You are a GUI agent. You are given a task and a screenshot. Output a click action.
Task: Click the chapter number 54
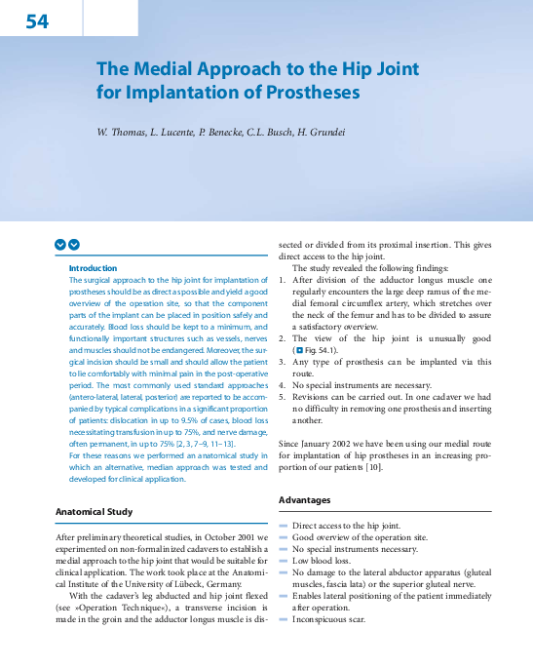37,20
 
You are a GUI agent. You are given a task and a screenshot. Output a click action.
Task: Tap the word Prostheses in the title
311,94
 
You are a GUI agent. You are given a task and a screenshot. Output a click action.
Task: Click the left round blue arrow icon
60,245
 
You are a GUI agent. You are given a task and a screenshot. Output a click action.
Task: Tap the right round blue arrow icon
74,245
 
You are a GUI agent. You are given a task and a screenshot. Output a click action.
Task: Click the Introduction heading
93,268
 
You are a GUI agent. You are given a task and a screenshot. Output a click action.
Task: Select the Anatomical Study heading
94,511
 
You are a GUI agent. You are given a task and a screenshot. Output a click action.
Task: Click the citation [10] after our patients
373,467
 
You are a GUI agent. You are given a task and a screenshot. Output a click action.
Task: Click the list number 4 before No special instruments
282,385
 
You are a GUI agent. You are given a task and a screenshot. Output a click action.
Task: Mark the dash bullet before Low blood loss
285,560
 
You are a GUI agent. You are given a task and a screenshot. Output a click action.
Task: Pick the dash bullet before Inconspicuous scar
285,618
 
